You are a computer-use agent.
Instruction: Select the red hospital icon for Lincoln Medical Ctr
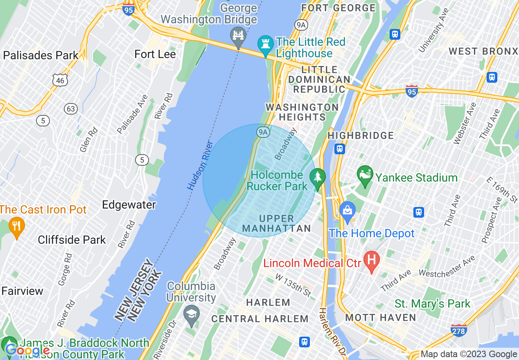pyautogui.click(x=372, y=261)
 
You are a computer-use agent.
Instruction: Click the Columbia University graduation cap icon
pyautogui.click(x=191, y=315)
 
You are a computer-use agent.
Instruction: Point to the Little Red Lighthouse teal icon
pyautogui.click(x=265, y=44)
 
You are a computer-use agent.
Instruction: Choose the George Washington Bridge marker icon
pyautogui.click(x=238, y=36)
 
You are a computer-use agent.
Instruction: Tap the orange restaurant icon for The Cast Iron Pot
pyautogui.click(x=16, y=227)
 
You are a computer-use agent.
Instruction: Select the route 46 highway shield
pyautogui.click(x=60, y=81)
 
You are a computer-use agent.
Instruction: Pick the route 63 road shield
pyautogui.click(x=71, y=109)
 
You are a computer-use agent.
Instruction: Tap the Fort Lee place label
pyautogui.click(x=155, y=54)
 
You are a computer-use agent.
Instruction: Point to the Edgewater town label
pyautogui.click(x=129, y=205)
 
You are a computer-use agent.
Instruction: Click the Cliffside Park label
pyautogui.click(x=72, y=240)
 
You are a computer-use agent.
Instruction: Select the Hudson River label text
pyautogui.click(x=200, y=166)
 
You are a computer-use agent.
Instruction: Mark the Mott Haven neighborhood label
pyautogui.click(x=381, y=317)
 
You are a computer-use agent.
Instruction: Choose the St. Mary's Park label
pyautogui.click(x=433, y=304)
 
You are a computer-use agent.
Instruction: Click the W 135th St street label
pyautogui.click(x=293, y=285)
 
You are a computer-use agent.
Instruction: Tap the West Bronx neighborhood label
pyautogui.click(x=483, y=51)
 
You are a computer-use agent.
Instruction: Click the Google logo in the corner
pyautogui.click(x=27, y=350)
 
